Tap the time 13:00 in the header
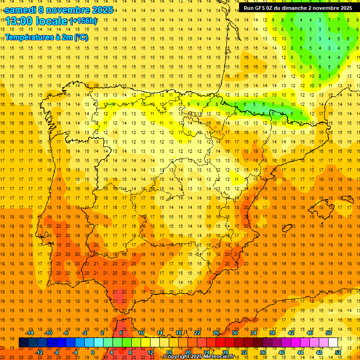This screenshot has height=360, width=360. pyautogui.click(x=20, y=21)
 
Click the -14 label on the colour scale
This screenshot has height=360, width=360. pyautogui.click(x=30, y=333)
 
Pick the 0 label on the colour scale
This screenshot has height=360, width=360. pyautogui.click(x=93, y=352)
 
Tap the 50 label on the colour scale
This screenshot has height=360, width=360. pyautogui.click(x=329, y=333)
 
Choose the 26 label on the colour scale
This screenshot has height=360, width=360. pyautogui.click(x=216, y=333)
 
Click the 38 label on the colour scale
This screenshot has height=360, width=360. pyautogui.click(x=272, y=333)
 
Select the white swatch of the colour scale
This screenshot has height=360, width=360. pyautogui.click(x=333, y=343)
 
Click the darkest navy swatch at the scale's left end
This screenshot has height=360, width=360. pyautogui.click(x=23, y=343)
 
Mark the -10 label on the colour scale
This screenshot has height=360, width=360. pyautogui.click(x=48, y=333)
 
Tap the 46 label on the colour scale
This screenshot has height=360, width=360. pyautogui.click(x=310, y=333)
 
